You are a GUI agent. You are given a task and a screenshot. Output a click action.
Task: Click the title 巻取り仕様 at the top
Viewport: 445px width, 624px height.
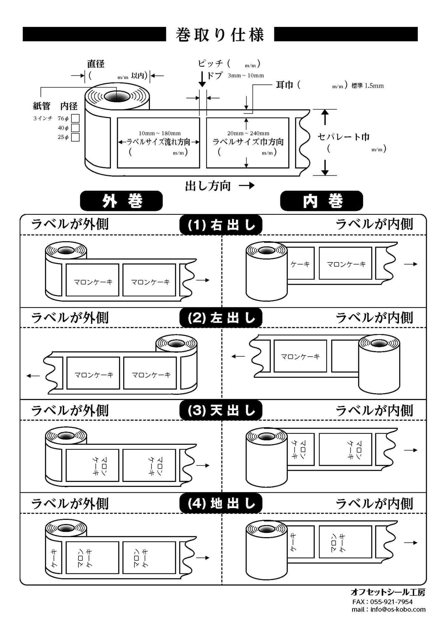coord(220,34)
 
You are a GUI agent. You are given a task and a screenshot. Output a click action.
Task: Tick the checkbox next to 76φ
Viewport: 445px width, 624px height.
coord(75,118)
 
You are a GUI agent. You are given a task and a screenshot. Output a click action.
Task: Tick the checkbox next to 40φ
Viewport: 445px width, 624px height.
coord(75,128)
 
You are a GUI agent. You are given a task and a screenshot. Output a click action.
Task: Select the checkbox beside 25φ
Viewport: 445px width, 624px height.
coord(75,137)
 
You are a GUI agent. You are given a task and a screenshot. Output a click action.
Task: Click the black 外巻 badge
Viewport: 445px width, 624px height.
coord(121,201)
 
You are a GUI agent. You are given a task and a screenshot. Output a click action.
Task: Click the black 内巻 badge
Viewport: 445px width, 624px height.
coord(321,201)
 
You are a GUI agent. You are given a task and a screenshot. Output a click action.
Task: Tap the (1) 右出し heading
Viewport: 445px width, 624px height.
coord(221,225)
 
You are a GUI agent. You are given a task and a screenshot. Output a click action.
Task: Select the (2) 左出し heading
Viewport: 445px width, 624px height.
coord(221,318)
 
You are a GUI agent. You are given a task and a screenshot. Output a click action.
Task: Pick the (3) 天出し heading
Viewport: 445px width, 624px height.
coord(221,410)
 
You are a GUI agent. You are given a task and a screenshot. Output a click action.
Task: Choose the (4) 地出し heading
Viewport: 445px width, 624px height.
coord(221,503)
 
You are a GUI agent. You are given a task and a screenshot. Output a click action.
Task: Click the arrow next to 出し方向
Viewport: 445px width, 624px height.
coord(247,185)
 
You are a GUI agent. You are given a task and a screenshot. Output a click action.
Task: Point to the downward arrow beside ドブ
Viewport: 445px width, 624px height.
coord(202,79)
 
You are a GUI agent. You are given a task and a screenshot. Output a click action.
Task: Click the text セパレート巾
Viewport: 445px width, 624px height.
coord(344,137)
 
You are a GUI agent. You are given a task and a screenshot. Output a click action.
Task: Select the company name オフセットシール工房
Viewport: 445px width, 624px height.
coord(388,592)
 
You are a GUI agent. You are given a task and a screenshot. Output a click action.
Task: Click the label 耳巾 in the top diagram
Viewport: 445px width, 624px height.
coord(284,85)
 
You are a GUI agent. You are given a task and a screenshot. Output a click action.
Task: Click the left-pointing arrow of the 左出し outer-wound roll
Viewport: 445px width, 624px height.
coord(33,376)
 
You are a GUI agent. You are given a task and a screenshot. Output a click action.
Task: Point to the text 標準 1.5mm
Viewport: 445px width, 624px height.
coord(367,86)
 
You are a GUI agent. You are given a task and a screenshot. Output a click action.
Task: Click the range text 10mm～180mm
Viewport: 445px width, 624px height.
coord(159,133)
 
